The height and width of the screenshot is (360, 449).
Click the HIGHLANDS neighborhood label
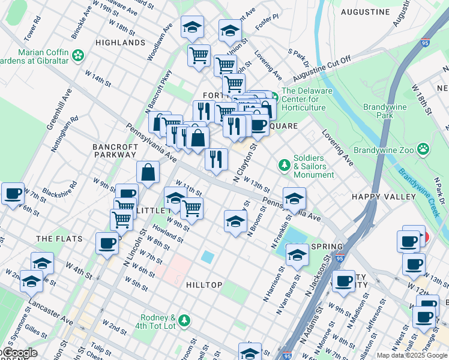coord(120,43)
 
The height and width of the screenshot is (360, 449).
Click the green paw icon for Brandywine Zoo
coord(424,148)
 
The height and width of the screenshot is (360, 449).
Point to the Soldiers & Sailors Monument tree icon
coord(283,164)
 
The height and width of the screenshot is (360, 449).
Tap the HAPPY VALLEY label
coord(384,197)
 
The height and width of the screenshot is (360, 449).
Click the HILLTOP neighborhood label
coord(204,285)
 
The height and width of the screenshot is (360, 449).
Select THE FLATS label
coord(55,239)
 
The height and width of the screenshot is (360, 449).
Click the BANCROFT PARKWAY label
coord(114,150)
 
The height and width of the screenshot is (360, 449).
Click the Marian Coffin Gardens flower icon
coord(78,56)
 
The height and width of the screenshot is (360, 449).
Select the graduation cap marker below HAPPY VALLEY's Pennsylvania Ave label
coord(294,199)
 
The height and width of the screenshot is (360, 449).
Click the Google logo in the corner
coord(19,353)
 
